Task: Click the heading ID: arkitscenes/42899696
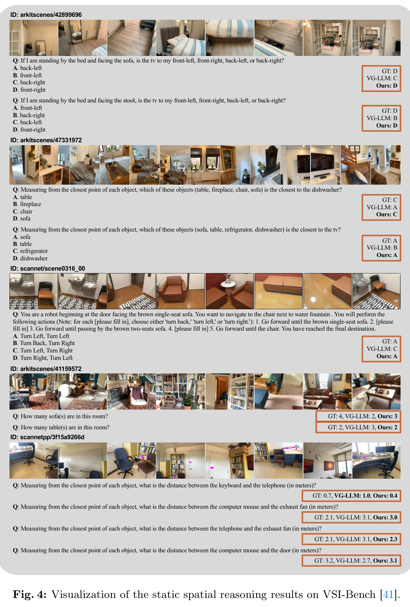coord(46,15)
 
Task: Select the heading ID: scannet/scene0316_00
coord(47,268)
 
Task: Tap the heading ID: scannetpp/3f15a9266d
coord(47,437)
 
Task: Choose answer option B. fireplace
coord(27,204)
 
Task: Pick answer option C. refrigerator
coord(30,251)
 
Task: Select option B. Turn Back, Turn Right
coord(44,343)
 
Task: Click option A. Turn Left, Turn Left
coord(41,336)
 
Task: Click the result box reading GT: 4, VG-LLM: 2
coord(358,416)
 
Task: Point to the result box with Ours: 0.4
coord(352,496)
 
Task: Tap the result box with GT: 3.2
coord(352,561)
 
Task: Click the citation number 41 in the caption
coord(388,594)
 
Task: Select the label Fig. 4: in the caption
coord(30,594)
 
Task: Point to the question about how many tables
coord(61,427)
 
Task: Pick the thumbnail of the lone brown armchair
coord(181,291)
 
